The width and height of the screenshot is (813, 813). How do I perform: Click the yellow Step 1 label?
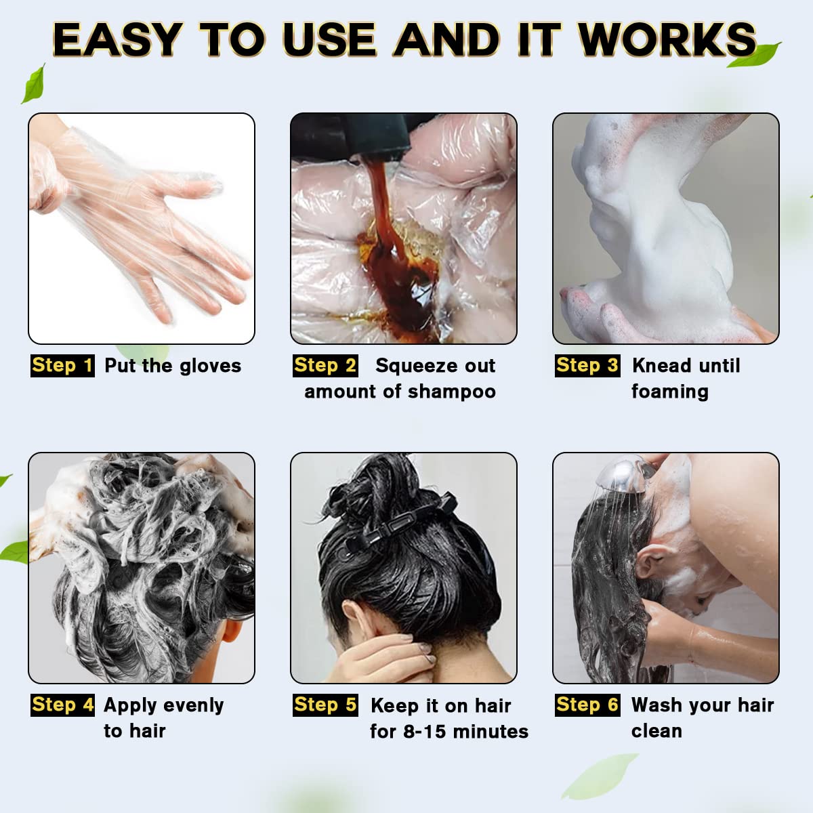tap(62, 366)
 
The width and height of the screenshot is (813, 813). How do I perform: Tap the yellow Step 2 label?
tap(325, 366)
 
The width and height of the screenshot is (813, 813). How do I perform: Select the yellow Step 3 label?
tap(587, 366)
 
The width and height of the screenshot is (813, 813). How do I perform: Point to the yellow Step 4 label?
tap(62, 705)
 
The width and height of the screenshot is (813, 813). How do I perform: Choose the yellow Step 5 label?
tap(325, 705)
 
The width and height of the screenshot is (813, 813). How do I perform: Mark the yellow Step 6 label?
tap(587, 705)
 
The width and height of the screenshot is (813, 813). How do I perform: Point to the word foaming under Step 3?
tap(669, 392)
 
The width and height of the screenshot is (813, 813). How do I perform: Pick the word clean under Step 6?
tap(656, 731)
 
